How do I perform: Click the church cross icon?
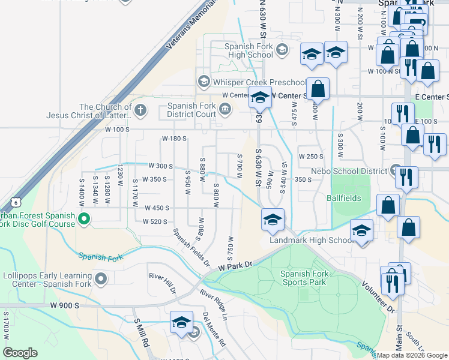140,110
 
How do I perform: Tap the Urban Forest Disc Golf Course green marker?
84,220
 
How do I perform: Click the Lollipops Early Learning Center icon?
101,278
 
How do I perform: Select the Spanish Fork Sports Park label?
303,278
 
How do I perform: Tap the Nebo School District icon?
395,171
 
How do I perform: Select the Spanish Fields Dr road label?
191,248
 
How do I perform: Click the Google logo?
20,352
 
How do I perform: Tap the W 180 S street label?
175,139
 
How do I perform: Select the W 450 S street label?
157,208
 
